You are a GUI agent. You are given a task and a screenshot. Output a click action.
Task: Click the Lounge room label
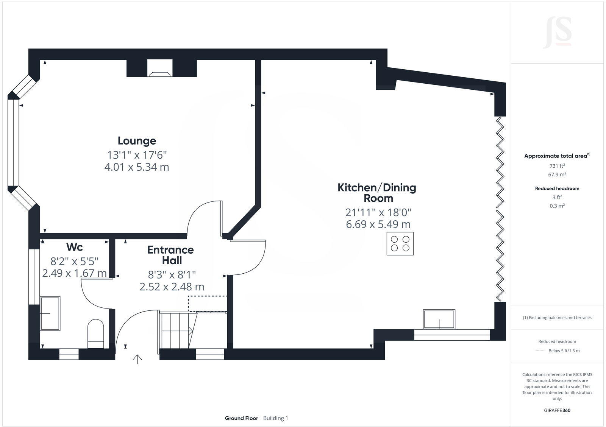(x=137, y=141)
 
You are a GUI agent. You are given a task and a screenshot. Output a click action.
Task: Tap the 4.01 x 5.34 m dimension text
(x=137, y=167)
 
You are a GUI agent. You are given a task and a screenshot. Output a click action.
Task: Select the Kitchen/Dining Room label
(x=376, y=193)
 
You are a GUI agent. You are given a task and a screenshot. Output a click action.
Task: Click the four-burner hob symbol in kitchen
(x=400, y=244)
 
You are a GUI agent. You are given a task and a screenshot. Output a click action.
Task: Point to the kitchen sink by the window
(x=439, y=319)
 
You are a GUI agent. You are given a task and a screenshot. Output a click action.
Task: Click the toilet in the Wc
(x=96, y=333)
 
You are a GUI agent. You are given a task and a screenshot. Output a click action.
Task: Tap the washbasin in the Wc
(x=50, y=313)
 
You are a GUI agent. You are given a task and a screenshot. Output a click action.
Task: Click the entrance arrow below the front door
(x=137, y=359)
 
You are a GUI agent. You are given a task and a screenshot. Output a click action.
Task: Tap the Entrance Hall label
(x=170, y=255)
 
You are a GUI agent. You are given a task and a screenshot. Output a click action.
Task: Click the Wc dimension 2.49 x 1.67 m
(x=74, y=273)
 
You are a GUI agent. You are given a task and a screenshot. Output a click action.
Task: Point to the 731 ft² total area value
(x=557, y=166)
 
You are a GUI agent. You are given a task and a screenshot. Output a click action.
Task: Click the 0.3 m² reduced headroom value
(x=557, y=206)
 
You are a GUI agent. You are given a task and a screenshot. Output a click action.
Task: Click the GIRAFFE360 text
(x=557, y=410)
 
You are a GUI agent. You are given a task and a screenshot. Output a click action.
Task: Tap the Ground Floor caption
(x=241, y=418)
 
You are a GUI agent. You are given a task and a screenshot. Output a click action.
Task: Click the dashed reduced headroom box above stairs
(x=208, y=304)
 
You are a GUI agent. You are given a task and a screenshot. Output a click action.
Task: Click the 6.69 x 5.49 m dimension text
(x=378, y=224)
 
